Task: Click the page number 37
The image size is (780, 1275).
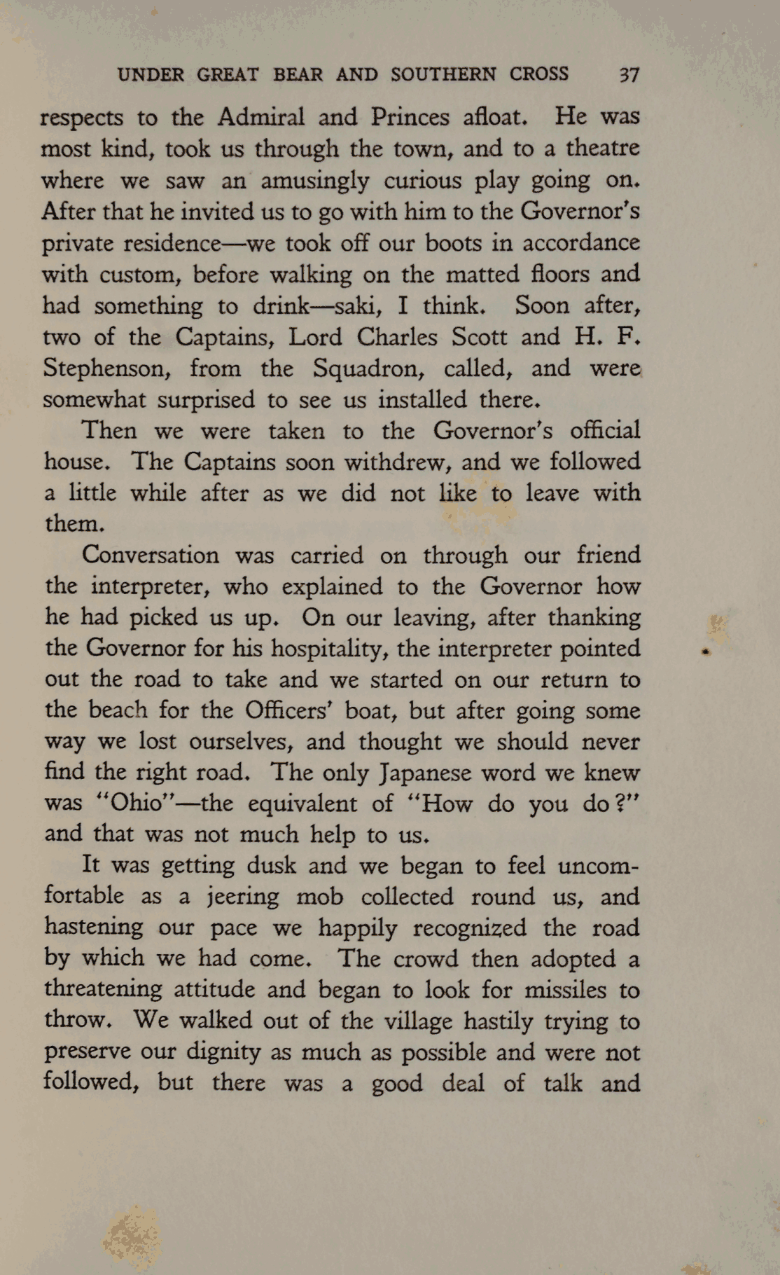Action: (x=628, y=75)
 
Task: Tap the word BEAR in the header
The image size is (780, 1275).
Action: (x=298, y=74)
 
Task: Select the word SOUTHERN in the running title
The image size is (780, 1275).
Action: (x=443, y=74)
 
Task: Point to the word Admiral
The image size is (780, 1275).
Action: (x=260, y=116)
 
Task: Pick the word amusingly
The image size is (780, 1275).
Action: (x=314, y=181)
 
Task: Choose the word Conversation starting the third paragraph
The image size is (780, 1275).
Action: (x=150, y=556)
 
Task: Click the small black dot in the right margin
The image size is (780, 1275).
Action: (x=706, y=652)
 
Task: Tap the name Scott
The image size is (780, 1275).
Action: (x=478, y=338)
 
